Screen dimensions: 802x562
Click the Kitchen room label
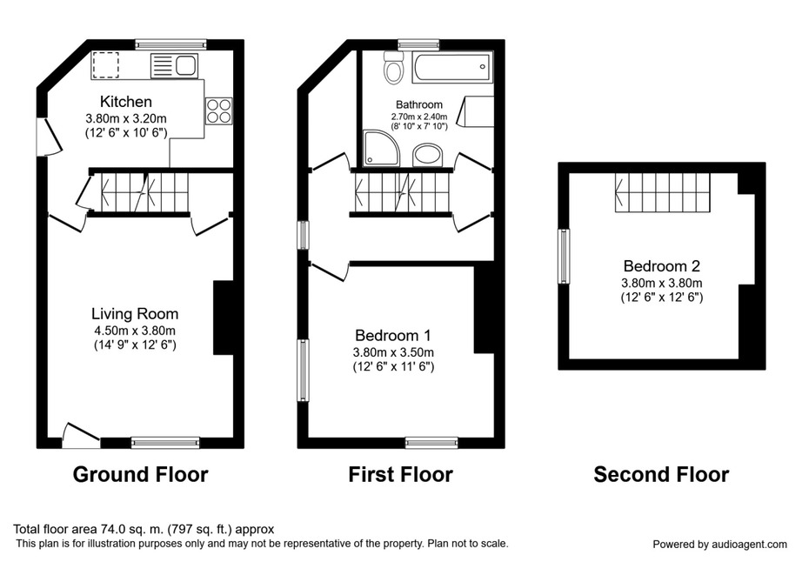pos(126,101)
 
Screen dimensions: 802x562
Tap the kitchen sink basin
pos(186,65)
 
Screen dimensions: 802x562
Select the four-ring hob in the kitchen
pos(219,111)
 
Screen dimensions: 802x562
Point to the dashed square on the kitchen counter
pos(106,65)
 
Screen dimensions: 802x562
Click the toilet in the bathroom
pos(393,69)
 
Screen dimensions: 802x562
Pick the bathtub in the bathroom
pos(452,67)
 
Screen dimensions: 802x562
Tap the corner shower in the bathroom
pos(380,148)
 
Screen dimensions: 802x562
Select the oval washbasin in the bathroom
pos(427,155)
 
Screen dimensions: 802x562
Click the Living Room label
pos(135,313)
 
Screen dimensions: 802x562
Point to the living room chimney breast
pos(224,317)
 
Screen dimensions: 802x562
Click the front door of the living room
pos(81,436)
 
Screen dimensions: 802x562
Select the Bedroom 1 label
pos(393,336)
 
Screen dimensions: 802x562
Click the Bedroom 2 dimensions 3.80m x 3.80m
pos(661,283)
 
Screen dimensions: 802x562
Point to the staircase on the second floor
pos(663,192)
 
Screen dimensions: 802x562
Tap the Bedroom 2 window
pos(564,256)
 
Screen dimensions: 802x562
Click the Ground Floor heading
pos(141,474)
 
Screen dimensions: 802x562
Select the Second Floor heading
pos(661,474)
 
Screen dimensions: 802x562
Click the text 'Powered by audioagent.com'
pos(719,545)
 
